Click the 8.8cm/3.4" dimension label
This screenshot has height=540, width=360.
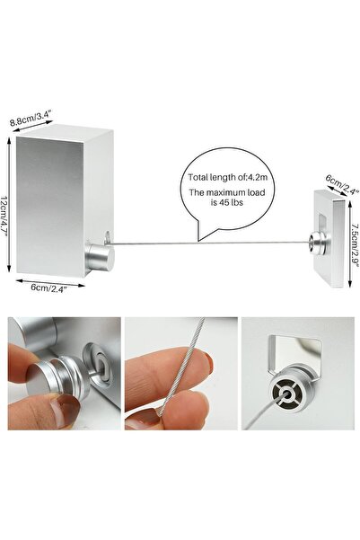point(31,118)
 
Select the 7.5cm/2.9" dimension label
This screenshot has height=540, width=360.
point(356,245)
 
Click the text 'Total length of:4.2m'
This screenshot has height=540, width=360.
point(227,177)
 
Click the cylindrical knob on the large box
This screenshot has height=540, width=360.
point(100,257)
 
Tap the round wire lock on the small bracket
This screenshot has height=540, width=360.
point(319,243)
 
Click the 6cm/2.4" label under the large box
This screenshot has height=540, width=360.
point(48,288)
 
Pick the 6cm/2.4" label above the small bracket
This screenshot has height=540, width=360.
point(342,184)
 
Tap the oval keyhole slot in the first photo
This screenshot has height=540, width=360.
point(101,369)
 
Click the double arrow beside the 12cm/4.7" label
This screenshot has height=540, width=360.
point(9,204)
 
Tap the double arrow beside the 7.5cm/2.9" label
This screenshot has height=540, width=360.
point(348,243)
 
